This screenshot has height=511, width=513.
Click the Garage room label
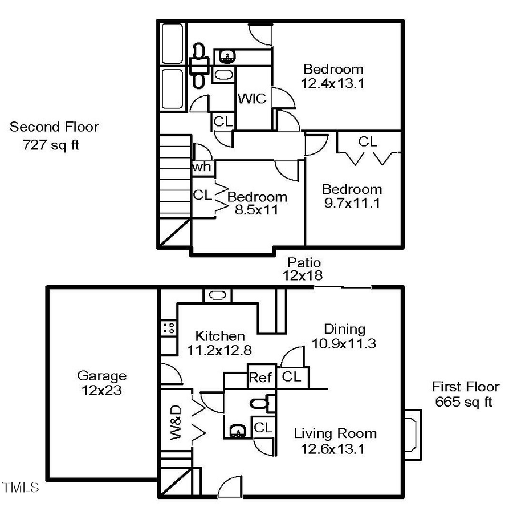pos(101,376)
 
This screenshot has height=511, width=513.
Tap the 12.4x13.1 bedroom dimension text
pos(333,83)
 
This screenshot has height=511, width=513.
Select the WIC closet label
pos(251,99)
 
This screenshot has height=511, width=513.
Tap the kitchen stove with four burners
pos(169,327)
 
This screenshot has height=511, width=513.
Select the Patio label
pos(304,263)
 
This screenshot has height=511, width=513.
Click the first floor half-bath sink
pos(235,431)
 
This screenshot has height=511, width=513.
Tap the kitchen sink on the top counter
pos(218,295)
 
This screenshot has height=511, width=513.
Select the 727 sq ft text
pos(51,145)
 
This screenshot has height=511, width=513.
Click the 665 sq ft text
pos(463,401)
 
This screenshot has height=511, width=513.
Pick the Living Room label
pos(335,433)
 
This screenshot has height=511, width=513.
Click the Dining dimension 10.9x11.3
pos(344,343)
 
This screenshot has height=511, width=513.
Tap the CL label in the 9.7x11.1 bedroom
pos(368,141)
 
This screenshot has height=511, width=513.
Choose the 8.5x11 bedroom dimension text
pos(256,209)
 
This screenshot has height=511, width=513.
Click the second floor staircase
pos(174,176)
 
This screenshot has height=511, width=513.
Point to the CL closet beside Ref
pos(292,377)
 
